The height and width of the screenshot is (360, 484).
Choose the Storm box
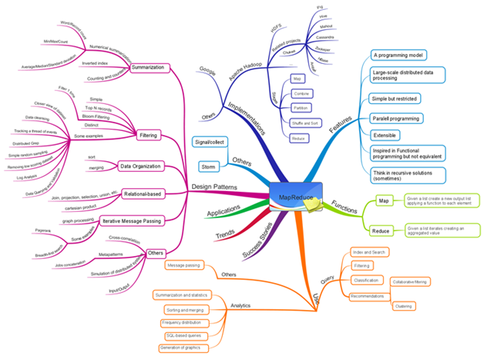tap(207, 166)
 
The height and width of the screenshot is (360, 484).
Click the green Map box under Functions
tap(383, 201)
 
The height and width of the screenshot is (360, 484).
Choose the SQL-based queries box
tap(185, 335)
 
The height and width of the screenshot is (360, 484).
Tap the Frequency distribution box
tap(185, 322)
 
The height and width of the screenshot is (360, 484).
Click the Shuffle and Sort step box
tap(305, 123)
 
